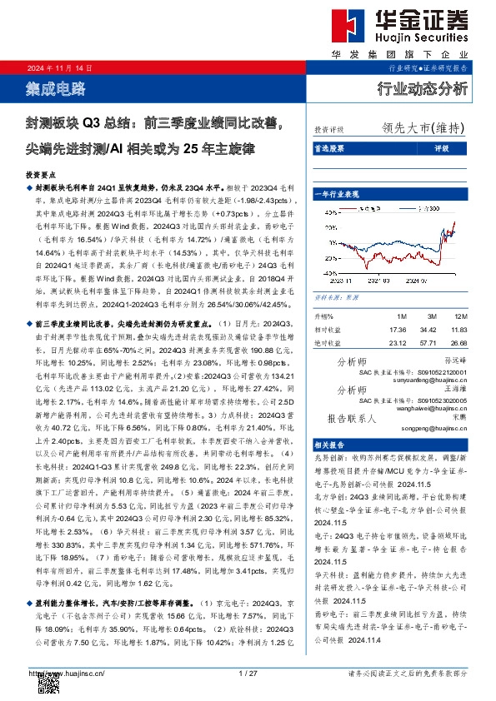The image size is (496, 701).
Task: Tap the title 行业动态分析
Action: pos(423,87)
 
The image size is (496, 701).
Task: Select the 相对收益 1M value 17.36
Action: pos(398,331)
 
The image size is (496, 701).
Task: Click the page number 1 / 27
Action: pos(248,673)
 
